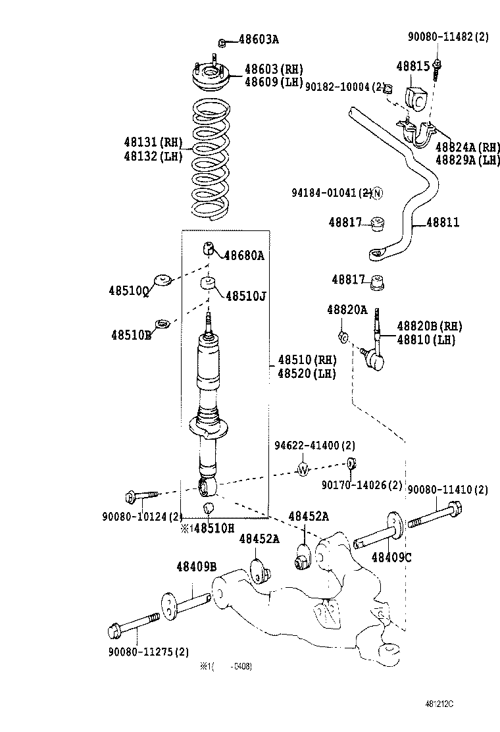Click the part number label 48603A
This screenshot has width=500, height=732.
(258, 40)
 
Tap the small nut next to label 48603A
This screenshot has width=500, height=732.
(222, 43)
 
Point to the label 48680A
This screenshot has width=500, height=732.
(244, 255)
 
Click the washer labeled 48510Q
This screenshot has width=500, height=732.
(162, 281)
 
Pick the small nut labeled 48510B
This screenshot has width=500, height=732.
(161, 323)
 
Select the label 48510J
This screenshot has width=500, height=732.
(245, 296)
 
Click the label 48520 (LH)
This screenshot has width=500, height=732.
(307, 374)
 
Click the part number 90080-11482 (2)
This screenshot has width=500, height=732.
(447, 38)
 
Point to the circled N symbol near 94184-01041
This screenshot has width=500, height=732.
(377, 193)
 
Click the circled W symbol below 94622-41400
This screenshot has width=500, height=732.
(303, 469)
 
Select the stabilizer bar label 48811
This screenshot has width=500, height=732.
(443, 223)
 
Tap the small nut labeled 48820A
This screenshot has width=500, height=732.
(343, 337)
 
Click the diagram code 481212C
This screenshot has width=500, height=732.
(439, 703)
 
